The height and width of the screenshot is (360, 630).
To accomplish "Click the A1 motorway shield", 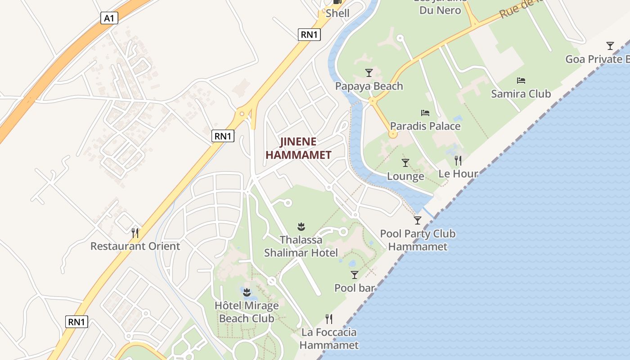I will click(109, 18).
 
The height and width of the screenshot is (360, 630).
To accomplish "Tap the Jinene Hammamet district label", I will click(298, 148).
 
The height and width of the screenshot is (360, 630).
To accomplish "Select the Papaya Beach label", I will click(369, 86).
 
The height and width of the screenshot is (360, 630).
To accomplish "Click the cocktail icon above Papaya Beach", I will click(369, 72).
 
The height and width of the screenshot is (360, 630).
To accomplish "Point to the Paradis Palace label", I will click(425, 126).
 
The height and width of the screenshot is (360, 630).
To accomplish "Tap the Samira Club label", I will click(521, 94).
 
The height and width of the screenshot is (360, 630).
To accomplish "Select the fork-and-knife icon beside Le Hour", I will click(458, 160).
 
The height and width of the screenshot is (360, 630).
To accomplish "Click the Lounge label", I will click(405, 176).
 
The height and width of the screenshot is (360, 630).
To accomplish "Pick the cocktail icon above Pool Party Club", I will click(418, 220).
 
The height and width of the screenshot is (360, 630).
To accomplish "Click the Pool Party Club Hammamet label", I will click(418, 240).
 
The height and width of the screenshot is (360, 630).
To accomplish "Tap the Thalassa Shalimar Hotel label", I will click(301, 246).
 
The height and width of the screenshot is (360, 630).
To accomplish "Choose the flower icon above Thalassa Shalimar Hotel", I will click(301, 225).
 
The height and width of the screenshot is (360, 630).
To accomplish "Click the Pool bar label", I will click(355, 288).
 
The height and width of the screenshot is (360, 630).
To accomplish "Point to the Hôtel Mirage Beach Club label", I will click(247, 312).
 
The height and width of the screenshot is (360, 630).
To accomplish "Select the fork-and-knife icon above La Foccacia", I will click(329, 319).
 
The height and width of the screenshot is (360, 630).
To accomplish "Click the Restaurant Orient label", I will click(135, 246).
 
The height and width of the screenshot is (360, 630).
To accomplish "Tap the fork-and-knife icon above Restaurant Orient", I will click(135, 233).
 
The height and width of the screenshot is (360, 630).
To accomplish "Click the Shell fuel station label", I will click(337, 13).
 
